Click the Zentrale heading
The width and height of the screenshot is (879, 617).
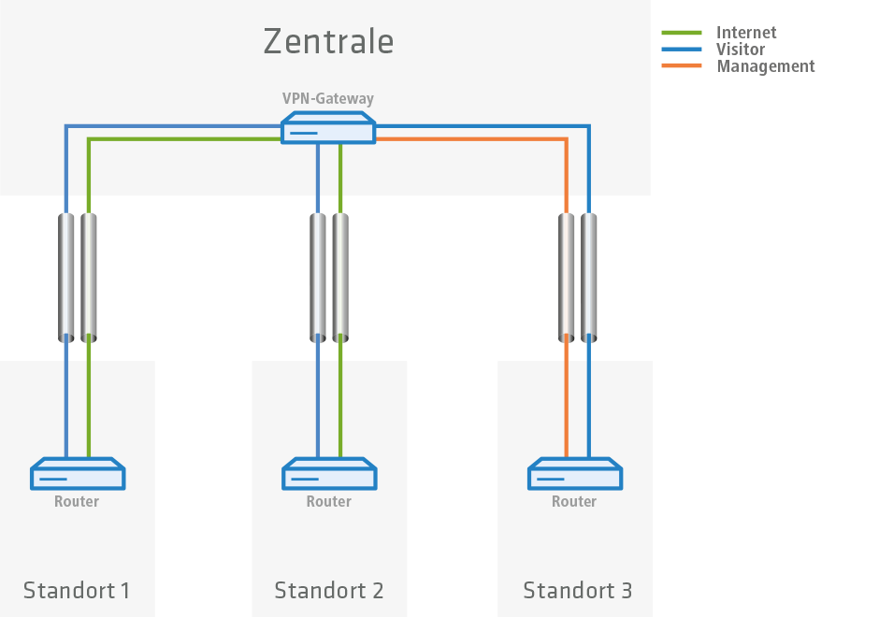coord(328,42)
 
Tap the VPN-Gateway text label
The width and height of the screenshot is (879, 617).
coord(328,98)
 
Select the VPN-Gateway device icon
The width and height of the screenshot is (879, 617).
coord(328,129)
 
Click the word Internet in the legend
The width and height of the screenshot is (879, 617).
coord(746,33)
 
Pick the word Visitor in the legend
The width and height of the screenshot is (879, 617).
coord(741,50)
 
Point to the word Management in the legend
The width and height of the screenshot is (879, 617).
coord(765,66)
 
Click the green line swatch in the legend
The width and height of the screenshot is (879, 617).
coord(682,33)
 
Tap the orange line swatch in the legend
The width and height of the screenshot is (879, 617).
coord(682,66)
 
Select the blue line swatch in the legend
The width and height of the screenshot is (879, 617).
coord(682,50)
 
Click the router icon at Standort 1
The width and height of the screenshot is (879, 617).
coord(78,474)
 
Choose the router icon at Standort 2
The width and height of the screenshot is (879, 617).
coord(329,474)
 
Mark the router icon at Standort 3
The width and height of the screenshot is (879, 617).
coord(575,474)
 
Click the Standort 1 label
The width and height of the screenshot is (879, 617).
coord(77,591)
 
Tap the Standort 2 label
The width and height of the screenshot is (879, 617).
coord(329,591)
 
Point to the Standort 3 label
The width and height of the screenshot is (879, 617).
coord(577,591)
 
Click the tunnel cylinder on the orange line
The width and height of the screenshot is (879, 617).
coord(567,277)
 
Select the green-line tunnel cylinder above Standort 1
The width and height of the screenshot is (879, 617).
coord(89,277)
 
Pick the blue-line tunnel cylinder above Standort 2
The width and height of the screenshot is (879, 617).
coord(318,277)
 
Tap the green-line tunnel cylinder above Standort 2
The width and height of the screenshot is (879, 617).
coord(340,277)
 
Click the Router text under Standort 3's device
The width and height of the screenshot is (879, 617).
coord(574,502)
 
